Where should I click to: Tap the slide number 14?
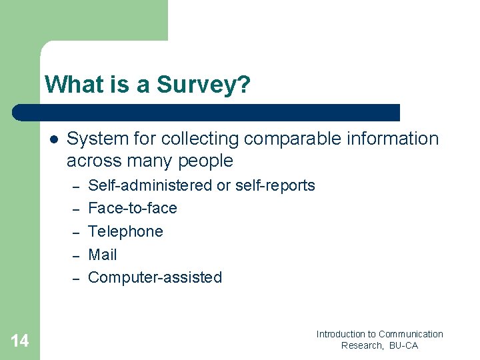pyautogui.click(x=20, y=341)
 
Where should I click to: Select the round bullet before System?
pyautogui.click(x=54, y=139)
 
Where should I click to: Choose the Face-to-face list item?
pyautogui.click(x=133, y=208)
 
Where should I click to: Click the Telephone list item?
pyautogui.click(x=125, y=231)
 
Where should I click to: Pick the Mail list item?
pyautogui.click(x=103, y=255)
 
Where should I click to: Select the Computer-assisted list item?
pyautogui.click(x=155, y=277)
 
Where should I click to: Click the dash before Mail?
pyautogui.click(x=76, y=255)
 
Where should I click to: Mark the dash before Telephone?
pyautogui.click(x=76, y=232)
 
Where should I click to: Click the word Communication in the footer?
pyautogui.click(x=411, y=334)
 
